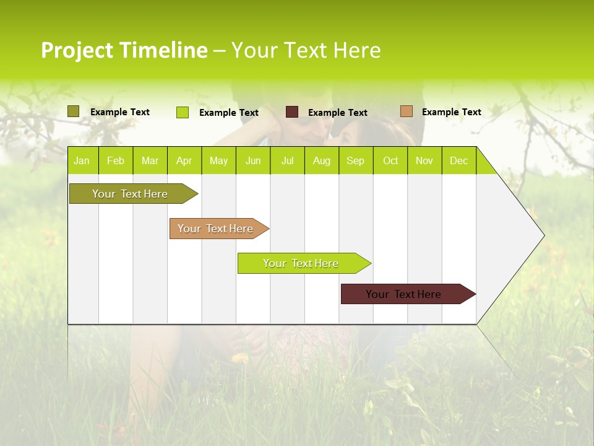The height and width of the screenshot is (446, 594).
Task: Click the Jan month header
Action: point(82,160)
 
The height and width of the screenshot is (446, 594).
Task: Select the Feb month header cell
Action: point(116,160)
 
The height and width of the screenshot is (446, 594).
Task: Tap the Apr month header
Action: point(184,160)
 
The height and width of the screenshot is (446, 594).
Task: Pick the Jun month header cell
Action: point(253,160)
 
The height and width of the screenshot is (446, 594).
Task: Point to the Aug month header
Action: point(322,160)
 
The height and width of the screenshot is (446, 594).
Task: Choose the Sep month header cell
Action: point(356,160)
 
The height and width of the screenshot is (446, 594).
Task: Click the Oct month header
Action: point(390,160)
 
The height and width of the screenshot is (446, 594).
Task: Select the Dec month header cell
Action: point(459,160)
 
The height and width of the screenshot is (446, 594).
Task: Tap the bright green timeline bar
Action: point(301,263)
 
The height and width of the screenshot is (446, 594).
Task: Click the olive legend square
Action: point(74,111)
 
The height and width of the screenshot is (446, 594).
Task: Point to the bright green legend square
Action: point(183,112)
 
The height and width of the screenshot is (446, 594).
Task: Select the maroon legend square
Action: point(292,112)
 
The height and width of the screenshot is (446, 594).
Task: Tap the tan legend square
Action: point(406,111)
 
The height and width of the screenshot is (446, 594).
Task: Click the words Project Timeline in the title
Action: point(124,50)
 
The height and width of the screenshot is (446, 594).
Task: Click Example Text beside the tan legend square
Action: point(452,112)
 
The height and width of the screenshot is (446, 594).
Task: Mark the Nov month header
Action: point(424,160)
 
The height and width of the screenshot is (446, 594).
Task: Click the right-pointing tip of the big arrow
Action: point(542,235)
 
